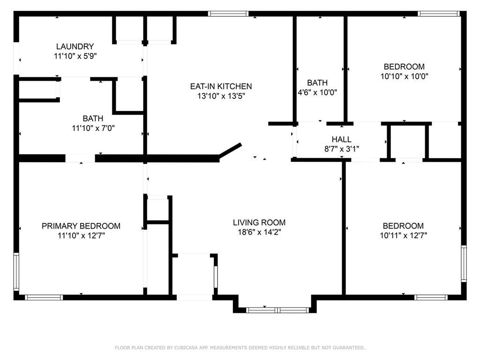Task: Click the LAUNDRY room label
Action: point(75,46)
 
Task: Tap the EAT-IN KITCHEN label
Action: point(221,86)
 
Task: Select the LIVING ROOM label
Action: point(259,223)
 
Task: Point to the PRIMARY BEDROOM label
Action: point(81,226)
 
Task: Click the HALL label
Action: point(342,140)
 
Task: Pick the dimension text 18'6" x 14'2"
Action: point(260,232)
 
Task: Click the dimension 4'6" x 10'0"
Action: point(317,92)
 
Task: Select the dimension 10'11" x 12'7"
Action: point(404,235)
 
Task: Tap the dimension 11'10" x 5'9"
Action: point(75,56)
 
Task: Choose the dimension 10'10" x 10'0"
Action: point(404,76)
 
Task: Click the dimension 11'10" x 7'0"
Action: point(93,128)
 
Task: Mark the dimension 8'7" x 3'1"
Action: point(342,149)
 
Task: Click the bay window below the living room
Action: point(277,310)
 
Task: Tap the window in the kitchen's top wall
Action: point(228,14)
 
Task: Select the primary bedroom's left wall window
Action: point(16,271)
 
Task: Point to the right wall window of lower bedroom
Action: point(464,263)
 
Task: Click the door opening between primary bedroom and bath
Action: point(80,158)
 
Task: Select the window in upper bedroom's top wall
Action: point(438,14)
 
